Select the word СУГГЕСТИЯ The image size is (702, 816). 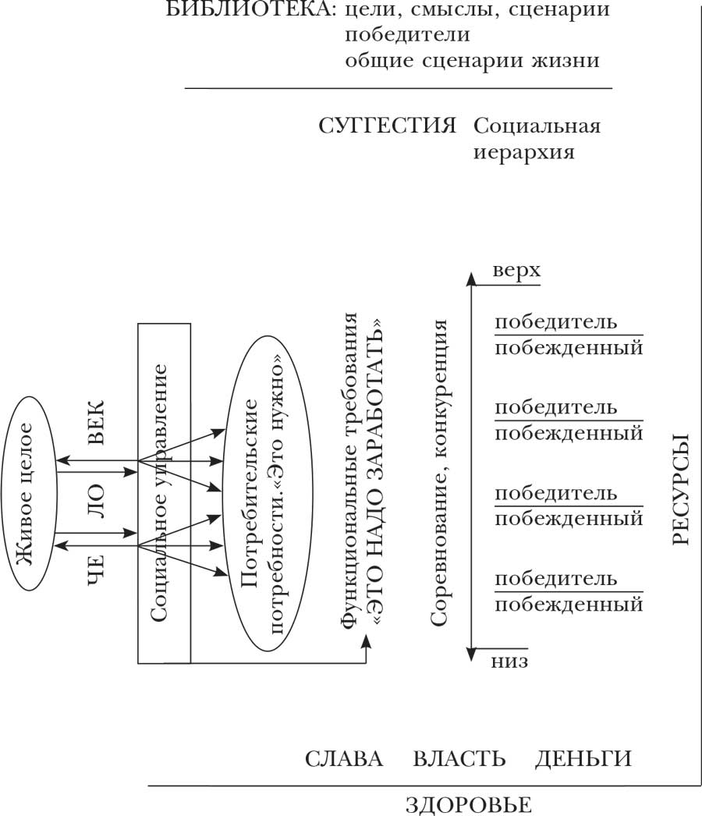(388, 127)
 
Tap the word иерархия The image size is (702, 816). (524, 152)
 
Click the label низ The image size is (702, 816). (510, 662)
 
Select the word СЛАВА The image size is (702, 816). (344, 759)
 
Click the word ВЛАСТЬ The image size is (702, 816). (459, 759)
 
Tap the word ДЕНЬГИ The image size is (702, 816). (583, 759)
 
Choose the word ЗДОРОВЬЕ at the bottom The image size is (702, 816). (469, 804)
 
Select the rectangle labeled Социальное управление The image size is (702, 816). (164, 493)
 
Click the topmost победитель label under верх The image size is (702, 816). (556, 321)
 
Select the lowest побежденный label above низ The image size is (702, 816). (569, 605)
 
